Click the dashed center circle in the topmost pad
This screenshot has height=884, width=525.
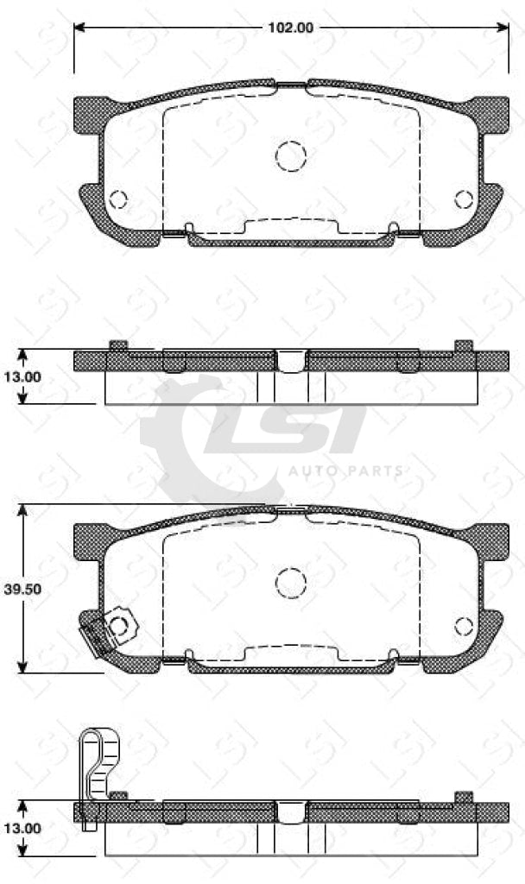coord(291,155)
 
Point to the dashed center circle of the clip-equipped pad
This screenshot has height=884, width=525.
coord(291,582)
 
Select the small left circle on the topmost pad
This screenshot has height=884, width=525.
coord(118,199)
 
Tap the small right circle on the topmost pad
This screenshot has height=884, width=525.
coord(464,199)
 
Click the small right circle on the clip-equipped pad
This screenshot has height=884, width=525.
coord(464,627)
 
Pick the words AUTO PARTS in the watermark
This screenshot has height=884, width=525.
coord(345,471)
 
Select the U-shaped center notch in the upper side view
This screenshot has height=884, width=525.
coord(291,361)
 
